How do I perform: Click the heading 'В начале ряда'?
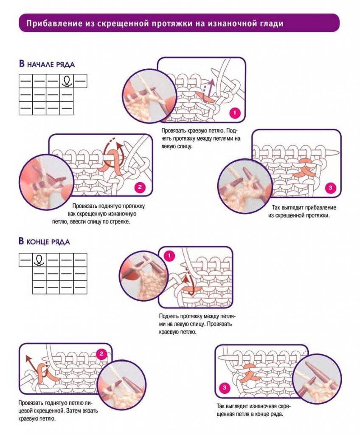point(47,64)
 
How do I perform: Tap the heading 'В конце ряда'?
point(44,241)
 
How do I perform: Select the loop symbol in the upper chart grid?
point(66,81)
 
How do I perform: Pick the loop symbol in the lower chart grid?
point(39,260)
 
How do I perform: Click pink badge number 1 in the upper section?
point(235,113)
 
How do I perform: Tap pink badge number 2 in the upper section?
point(140,187)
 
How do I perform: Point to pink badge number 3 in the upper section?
point(330,188)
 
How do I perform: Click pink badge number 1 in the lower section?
point(169,255)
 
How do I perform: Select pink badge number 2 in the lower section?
point(101,354)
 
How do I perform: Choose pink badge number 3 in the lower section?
point(225,387)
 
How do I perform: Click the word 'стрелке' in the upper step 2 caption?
point(120,222)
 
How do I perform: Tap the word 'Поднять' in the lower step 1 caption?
point(169,316)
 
